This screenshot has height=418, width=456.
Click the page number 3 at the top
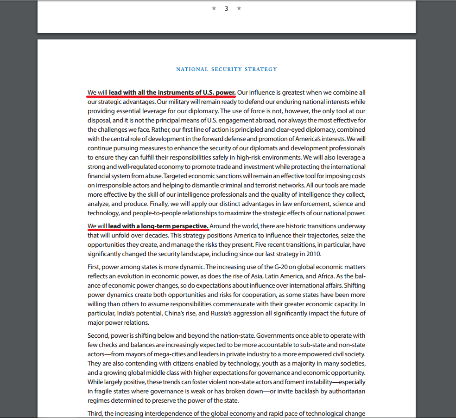(226, 8)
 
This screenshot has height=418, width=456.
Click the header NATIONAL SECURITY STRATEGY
(227, 69)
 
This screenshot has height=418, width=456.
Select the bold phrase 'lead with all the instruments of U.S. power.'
(172, 92)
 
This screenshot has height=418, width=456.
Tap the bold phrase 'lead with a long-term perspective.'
(158, 226)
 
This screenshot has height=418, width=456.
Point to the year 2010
(313, 254)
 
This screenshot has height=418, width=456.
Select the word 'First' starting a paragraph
(94, 267)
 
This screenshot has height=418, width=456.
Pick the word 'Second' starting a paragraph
(99, 335)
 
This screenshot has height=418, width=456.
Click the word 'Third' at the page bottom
(95, 413)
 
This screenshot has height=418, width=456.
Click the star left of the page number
(214, 8)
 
